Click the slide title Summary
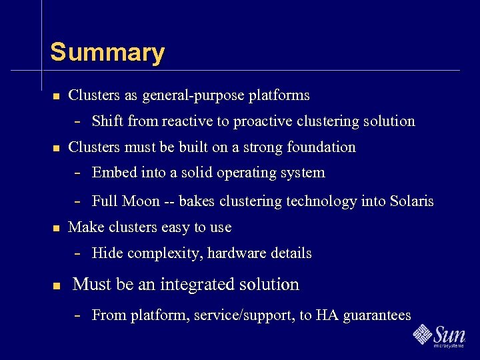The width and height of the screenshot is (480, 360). (x=107, y=52)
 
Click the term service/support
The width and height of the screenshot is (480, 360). (x=243, y=315)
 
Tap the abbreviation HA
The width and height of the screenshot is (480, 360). (x=327, y=315)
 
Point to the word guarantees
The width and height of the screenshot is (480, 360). (x=377, y=316)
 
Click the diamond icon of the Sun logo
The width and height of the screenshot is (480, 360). (x=422, y=333)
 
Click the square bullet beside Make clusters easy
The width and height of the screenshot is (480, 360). (x=56, y=228)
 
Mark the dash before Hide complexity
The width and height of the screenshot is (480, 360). (x=78, y=254)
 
